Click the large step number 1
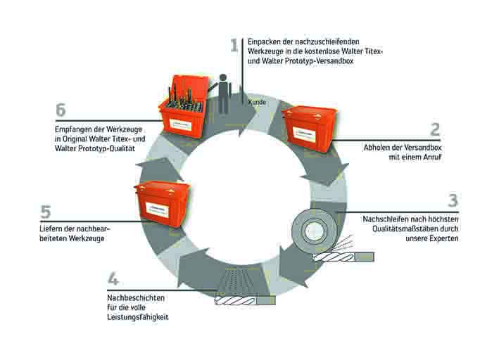(235, 46)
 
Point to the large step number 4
(113, 279)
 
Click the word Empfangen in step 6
(71, 129)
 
